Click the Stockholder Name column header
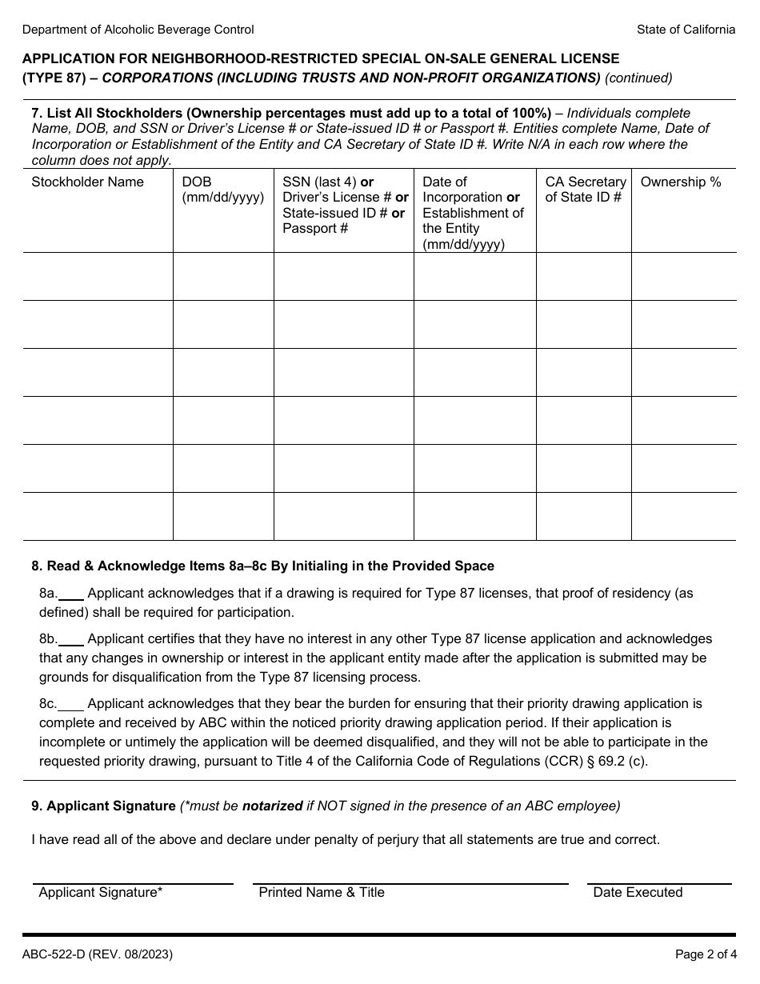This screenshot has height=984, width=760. [87, 182]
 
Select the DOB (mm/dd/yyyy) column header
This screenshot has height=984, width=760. [222, 190]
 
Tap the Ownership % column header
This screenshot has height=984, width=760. [680, 182]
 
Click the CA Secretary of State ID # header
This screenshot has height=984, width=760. [585, 190]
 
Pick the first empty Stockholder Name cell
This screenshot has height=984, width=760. [98, 277]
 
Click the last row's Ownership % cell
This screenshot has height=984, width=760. [683, 516]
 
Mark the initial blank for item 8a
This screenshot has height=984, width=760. [71, 594]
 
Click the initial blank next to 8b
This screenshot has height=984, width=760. [71, 639]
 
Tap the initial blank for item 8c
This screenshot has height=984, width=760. [71, 704]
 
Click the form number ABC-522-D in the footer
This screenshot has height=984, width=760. [97, 954]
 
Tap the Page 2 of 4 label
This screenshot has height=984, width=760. [705, 954]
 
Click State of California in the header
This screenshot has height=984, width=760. [686, 30]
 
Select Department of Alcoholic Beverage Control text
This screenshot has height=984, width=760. [138, 30]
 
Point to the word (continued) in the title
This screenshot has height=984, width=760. [638, 78]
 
